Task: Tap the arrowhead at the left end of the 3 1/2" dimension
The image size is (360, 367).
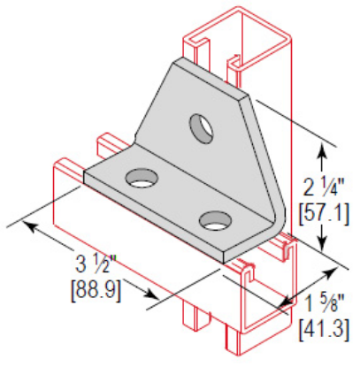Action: pos(30,226)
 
